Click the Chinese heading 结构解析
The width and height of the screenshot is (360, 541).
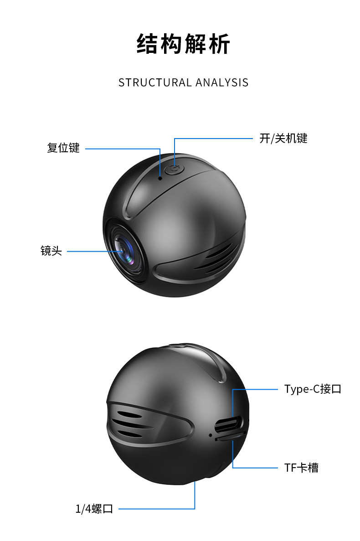point(184,45)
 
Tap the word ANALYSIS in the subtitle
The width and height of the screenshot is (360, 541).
point(222,82)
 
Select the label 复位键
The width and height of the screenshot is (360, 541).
point(63,148)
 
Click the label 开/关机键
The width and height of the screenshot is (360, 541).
point(283,139)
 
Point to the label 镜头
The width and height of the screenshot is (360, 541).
point(51,251)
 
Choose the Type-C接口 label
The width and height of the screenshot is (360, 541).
point(313,389)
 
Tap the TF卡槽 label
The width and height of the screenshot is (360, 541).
point(301,468)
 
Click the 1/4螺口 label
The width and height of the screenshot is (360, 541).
point(94,509)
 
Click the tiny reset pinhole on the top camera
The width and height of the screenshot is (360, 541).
point(160,177)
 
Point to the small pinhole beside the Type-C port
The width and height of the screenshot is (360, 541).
point(210,435)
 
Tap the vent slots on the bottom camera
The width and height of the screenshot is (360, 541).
point(132,424)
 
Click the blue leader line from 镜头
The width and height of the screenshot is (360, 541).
point(91,251)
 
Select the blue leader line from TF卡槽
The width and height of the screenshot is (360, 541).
point(255,468)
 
